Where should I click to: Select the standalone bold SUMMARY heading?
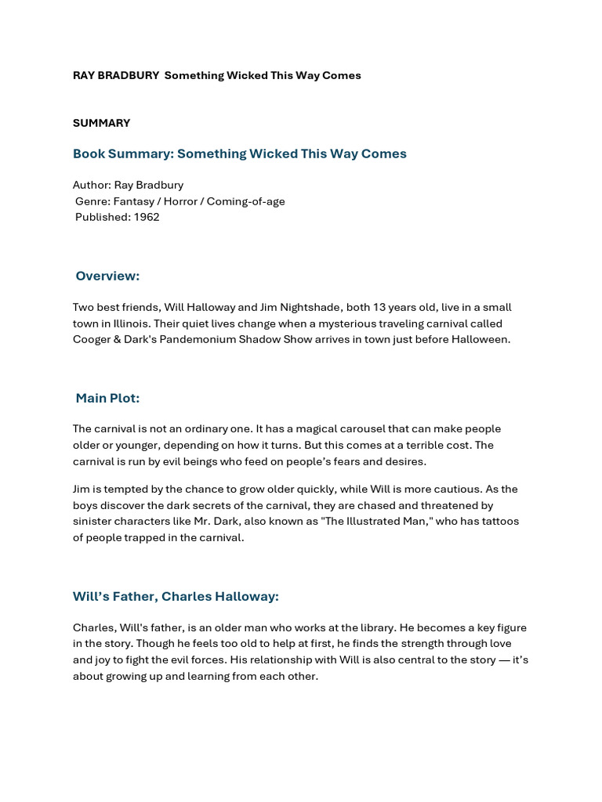point(101,123)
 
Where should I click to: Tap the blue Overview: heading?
point(107,276)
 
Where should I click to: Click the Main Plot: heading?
point(107,398)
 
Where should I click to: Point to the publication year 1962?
point(146,217)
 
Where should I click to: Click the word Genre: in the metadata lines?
point(92,201)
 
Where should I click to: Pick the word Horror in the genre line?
point(178,201)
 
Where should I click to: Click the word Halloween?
point(480,339)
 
